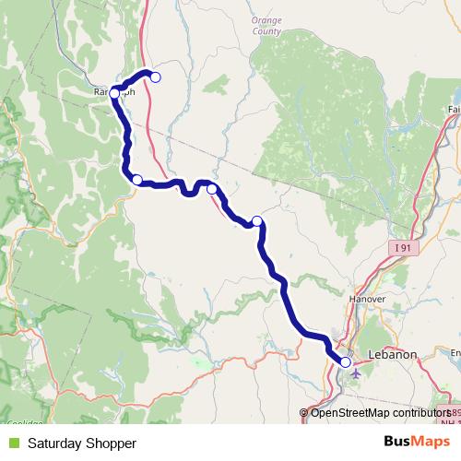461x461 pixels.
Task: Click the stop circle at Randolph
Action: click(x=114, y=92)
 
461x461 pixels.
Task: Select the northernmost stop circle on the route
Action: click(x=156, y=77)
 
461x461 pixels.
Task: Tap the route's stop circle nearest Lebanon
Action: click(x=345, y=362)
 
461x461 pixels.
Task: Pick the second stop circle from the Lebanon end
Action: click(x=257, y=220)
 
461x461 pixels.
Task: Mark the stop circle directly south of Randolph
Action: click(x=136, y=180)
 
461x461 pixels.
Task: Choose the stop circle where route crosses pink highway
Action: click(x=212, y=189)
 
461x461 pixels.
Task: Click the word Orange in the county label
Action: click(x=266, y=19)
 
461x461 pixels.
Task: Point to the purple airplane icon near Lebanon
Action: click(x=357, y=373)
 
